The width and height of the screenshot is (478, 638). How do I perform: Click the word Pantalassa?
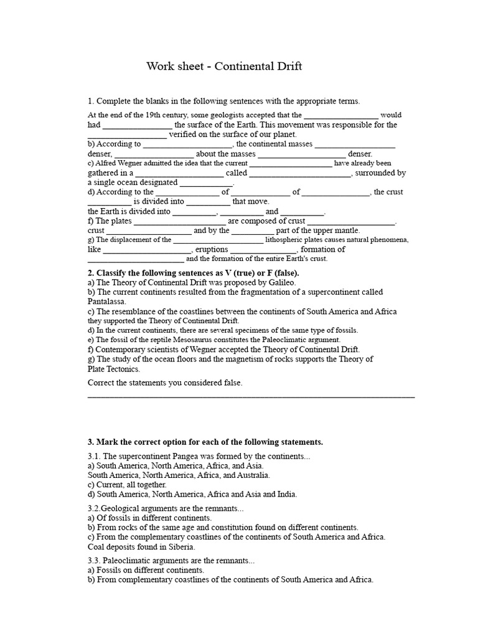(x=107, y=302)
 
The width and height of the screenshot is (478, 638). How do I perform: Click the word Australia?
(x=249, y=475)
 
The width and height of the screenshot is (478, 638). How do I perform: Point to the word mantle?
(x=347, y=231)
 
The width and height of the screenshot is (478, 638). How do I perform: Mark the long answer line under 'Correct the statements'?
(x=251, y=396)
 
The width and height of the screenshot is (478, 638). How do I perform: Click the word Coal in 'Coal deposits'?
(x=97, y=547)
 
